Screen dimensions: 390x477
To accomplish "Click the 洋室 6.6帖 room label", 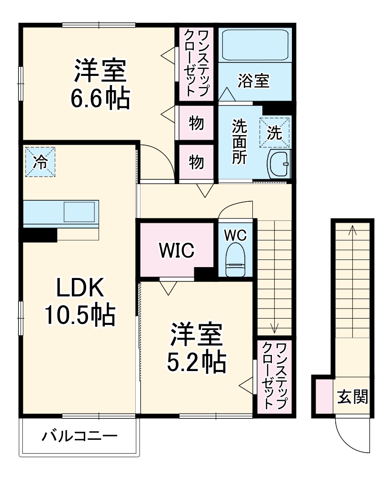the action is [100, 84].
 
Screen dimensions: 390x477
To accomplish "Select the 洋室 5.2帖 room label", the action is [197, 348].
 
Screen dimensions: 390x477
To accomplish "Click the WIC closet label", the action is [177, 250].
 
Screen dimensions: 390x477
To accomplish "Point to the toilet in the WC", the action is [236, 259].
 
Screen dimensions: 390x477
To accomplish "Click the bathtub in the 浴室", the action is [255, 45].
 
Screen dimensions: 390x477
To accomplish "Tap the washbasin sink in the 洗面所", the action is [279, 164].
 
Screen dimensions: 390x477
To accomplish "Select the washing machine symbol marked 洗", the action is [274, 133].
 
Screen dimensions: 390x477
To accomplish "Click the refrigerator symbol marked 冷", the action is [40, 162].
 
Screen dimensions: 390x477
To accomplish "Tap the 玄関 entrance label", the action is [353, 396].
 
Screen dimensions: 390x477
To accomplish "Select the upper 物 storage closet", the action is [196, 123].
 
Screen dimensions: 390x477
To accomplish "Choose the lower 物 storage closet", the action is [196, 162].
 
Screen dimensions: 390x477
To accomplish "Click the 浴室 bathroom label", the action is [254, 81].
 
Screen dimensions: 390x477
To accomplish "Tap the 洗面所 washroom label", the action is [240, 142].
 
